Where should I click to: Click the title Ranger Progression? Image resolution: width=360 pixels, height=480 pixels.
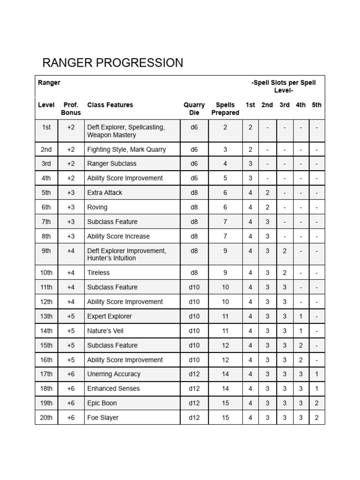point(112,63)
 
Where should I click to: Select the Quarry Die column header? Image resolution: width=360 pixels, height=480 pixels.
point(194,109)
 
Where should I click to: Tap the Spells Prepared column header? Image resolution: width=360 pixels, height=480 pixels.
point(225,109)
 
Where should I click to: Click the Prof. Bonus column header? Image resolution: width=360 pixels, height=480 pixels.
point(71,109)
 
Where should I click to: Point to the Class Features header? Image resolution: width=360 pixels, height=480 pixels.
point(110,105)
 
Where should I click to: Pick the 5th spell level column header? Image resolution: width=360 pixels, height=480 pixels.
point(317,105)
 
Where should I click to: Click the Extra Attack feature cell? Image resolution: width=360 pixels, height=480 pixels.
point(105,193)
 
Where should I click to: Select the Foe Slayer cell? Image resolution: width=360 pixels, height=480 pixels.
point(103,418)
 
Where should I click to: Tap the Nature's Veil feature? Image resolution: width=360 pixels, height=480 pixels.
point(105,331)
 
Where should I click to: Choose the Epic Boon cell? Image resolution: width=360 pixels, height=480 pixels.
point(102,403)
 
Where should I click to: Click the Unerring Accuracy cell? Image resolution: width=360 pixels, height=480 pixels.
point(114,374)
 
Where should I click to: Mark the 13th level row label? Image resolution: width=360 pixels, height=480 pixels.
point(46,316)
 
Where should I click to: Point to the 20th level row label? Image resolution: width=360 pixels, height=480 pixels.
point(46,418)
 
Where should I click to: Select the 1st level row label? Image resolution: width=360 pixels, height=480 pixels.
point(46,127)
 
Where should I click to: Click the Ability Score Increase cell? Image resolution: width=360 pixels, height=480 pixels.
point(118,236)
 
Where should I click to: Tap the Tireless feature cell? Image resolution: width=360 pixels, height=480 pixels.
point(98,273)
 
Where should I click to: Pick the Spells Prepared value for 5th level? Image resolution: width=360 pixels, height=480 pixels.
point(225,193)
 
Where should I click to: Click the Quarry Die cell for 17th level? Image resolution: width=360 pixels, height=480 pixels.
point(194,374)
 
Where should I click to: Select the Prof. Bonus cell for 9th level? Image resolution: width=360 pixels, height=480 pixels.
point(71,251)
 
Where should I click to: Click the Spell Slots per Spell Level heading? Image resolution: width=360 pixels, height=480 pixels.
point(284,86)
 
